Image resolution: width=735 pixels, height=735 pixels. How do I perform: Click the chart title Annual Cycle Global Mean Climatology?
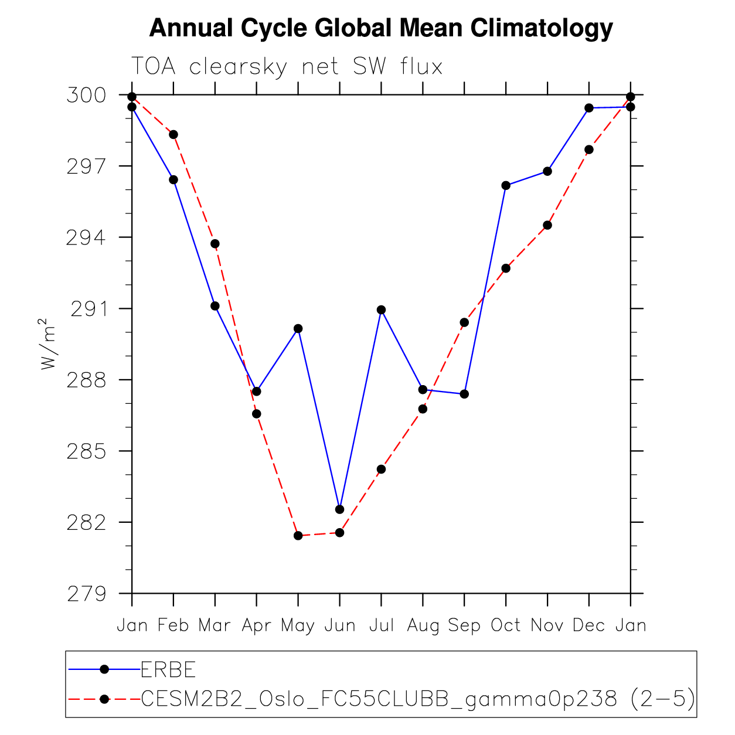tap(381, 28)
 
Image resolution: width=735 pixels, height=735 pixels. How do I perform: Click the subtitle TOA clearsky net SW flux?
tap(287, 67)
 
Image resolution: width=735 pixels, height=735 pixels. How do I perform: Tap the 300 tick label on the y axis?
tap(86, 95)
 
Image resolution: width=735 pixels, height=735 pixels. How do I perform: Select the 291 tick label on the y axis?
tap(89, 309)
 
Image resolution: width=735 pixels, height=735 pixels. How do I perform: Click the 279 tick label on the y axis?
tap(87, 594)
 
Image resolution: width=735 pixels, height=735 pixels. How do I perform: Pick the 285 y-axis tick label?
tap(87, 451)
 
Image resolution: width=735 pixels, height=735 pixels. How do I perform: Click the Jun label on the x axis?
tap(340, 626)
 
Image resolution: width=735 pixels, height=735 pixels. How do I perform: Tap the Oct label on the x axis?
tap(506, 626)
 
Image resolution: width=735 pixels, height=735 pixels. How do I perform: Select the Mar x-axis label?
tap(215, 626)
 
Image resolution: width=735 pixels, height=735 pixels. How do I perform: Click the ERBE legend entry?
tap(168, 669)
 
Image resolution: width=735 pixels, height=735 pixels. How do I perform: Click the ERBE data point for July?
tap(381, 310)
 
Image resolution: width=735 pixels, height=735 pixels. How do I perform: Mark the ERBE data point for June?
tap(340, 509)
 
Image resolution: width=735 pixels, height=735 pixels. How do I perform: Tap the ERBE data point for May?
tap(298, 329)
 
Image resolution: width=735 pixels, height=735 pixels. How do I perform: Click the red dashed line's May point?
tap(298, 536)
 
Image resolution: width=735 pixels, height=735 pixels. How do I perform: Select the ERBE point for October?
tap(506, 186)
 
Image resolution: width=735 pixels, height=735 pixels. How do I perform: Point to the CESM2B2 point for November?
tap(547, 225)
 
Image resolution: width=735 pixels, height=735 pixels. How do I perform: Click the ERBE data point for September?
tap(464, 394)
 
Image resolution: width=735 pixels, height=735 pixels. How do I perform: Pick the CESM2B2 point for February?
tap(173, 135)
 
